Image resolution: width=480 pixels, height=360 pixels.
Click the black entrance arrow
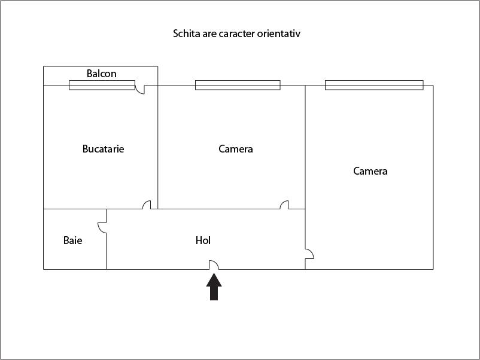tap(214, 287)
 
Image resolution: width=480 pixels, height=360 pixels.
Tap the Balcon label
tap(101, 74)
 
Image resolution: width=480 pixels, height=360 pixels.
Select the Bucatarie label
tap(103, 149)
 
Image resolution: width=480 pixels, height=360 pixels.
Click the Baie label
tap(72, 240)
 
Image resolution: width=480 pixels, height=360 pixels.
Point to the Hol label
tap(203, 240)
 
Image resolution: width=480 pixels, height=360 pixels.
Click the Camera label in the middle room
tap(235, 149)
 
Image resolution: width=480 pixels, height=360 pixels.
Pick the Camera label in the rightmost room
tap(370, 170)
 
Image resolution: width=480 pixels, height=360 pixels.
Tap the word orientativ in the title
tap(278, 33)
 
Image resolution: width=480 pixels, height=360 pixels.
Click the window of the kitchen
tap(102, 85)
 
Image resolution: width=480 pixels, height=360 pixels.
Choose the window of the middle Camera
tap(238, 85)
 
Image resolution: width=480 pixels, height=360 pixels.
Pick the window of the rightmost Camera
tap(374, 85)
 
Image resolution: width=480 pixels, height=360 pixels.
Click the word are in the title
tap(209, 34)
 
